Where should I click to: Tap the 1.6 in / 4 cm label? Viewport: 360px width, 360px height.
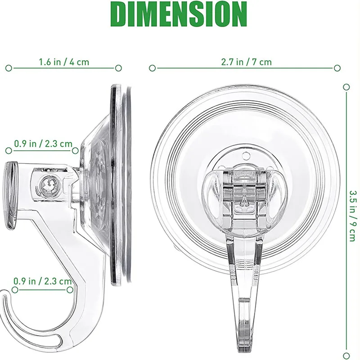64,62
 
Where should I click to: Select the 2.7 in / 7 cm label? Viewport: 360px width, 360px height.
246,62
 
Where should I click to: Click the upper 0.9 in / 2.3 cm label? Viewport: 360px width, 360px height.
43,144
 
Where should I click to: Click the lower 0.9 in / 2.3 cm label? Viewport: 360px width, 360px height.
42,281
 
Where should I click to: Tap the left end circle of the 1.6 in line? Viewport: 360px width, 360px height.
9,68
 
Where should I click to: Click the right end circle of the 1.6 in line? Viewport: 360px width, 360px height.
118,68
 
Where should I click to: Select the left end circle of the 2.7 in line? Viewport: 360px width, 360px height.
152,68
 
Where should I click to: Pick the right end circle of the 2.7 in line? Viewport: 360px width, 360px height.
337,68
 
